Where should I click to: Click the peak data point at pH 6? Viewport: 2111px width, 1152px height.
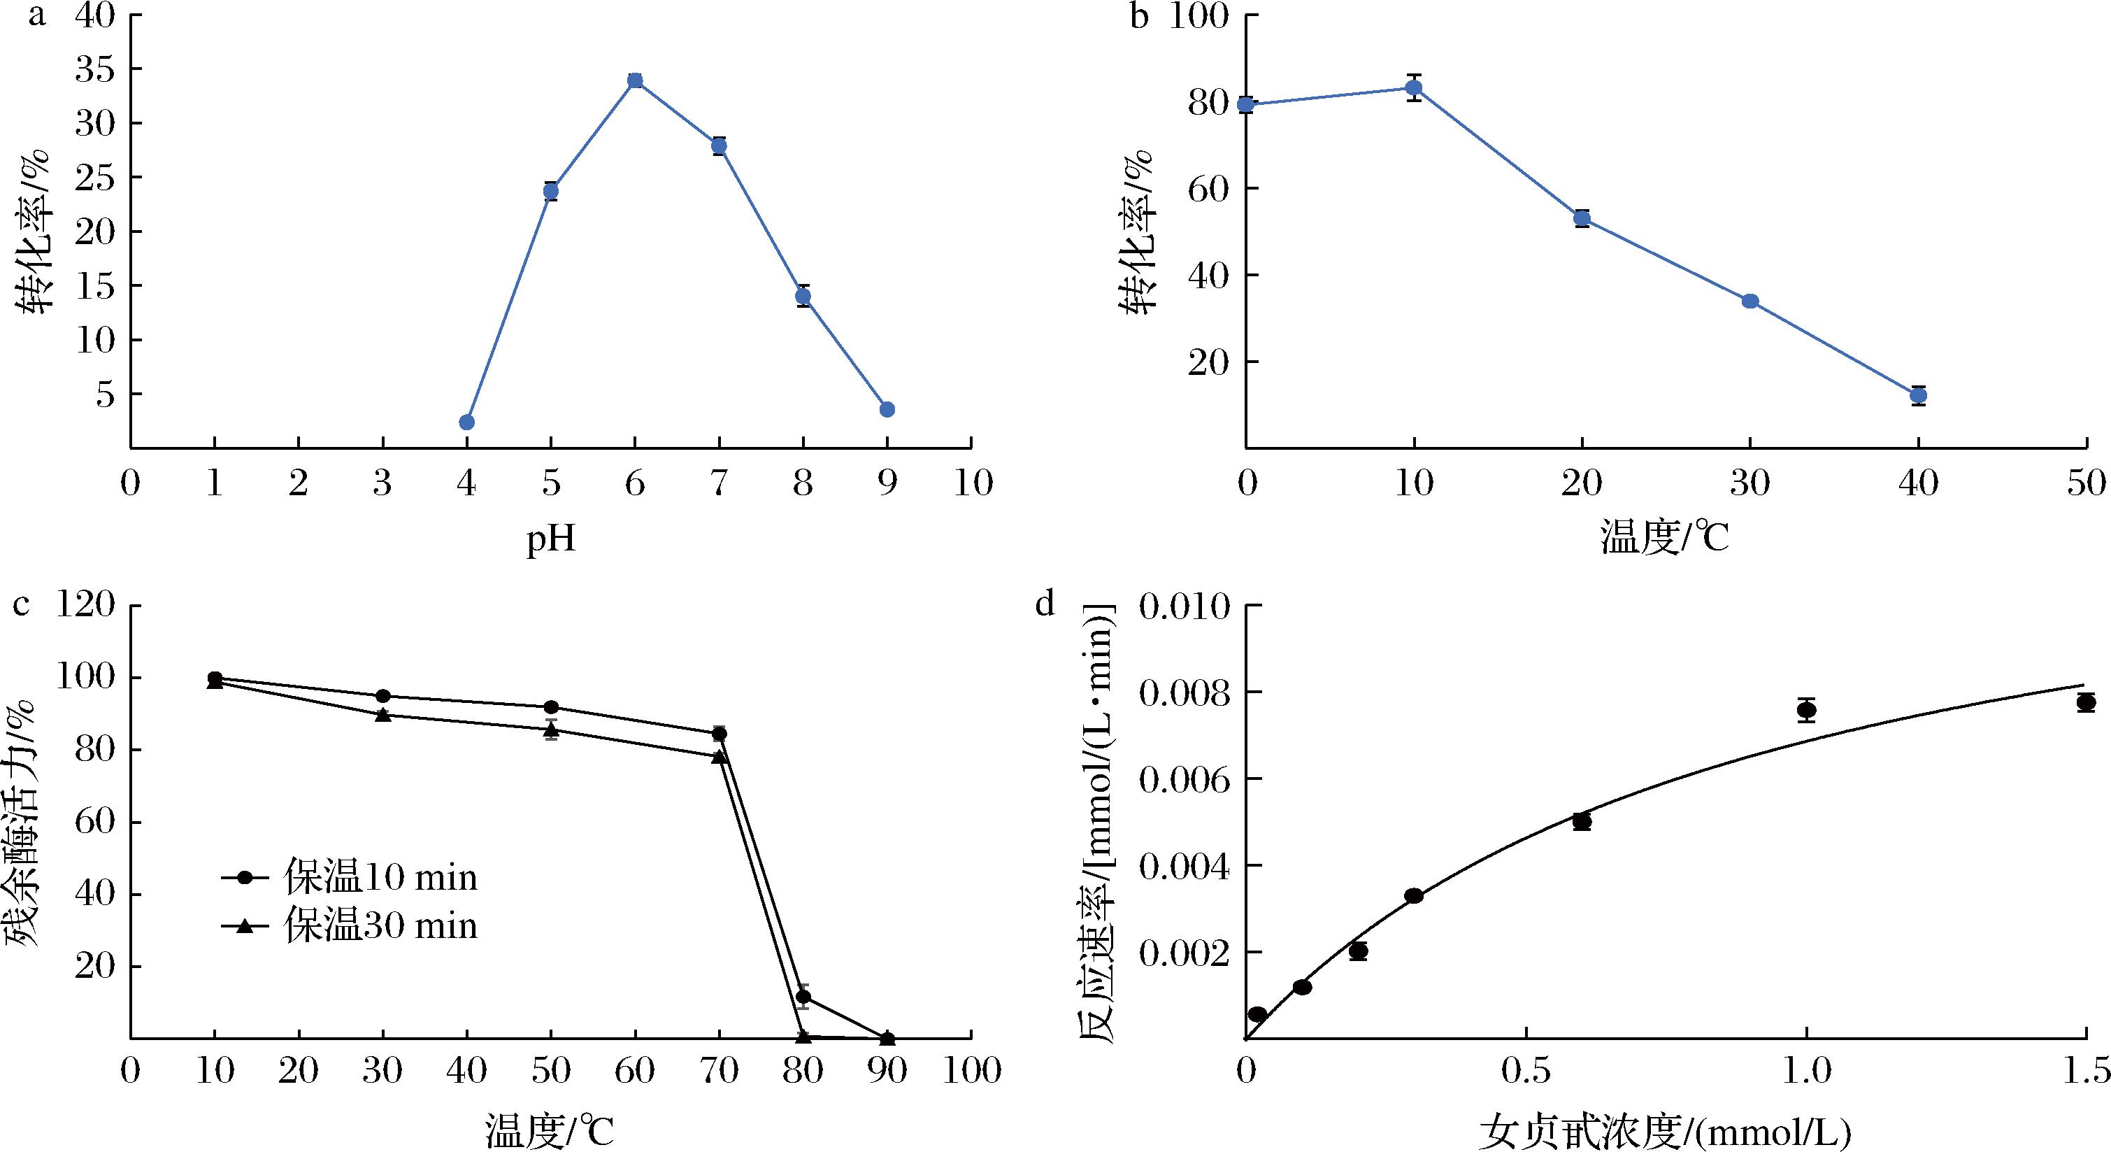(635, 80)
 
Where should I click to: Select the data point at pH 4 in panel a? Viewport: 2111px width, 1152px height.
(467, 422)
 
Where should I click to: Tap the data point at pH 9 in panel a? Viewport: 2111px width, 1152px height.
(887, 409)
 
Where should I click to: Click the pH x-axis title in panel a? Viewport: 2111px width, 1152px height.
(551, 541)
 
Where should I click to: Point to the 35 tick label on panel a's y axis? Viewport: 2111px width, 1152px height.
(96, 70)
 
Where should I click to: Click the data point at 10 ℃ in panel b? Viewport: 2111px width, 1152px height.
(1414, 87)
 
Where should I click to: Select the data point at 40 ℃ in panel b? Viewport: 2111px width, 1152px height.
(1917, 395)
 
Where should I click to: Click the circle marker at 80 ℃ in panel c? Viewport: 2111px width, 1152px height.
(803, 997)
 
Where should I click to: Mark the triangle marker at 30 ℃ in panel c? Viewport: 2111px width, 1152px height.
(382, 715)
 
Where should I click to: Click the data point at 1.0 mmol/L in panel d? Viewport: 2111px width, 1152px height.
(1807, 711)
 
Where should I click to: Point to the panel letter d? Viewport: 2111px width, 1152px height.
(1045, 605)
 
